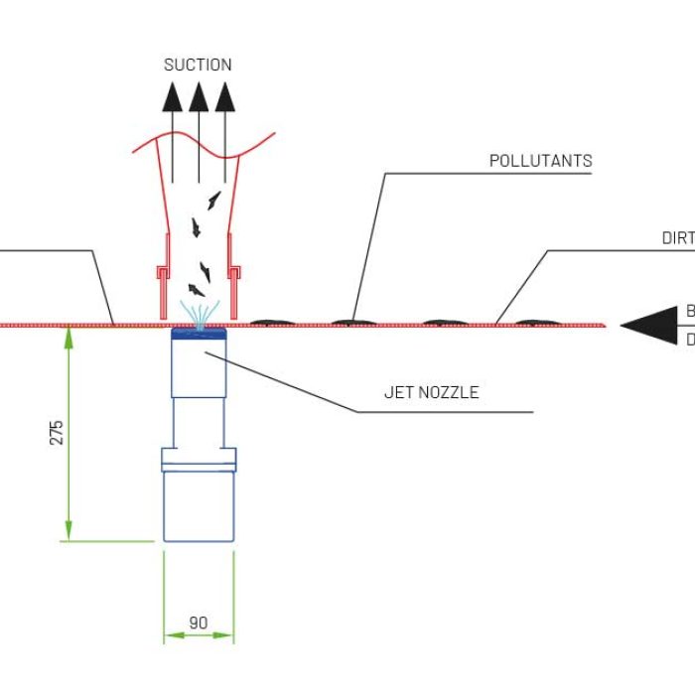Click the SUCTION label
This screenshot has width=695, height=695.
[198, 65]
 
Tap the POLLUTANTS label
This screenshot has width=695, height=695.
[541, 160]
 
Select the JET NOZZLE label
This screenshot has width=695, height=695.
[431, 392]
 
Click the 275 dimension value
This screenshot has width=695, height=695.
[56, 433]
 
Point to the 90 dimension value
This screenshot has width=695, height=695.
[199, 623]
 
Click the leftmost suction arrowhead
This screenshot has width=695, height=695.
[172, 95]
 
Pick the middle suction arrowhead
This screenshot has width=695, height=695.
[199, 95]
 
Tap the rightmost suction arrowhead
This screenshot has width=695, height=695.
[225, 95]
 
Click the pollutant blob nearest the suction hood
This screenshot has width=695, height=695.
[269, 321]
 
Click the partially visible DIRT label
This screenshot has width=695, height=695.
[678, 237]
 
